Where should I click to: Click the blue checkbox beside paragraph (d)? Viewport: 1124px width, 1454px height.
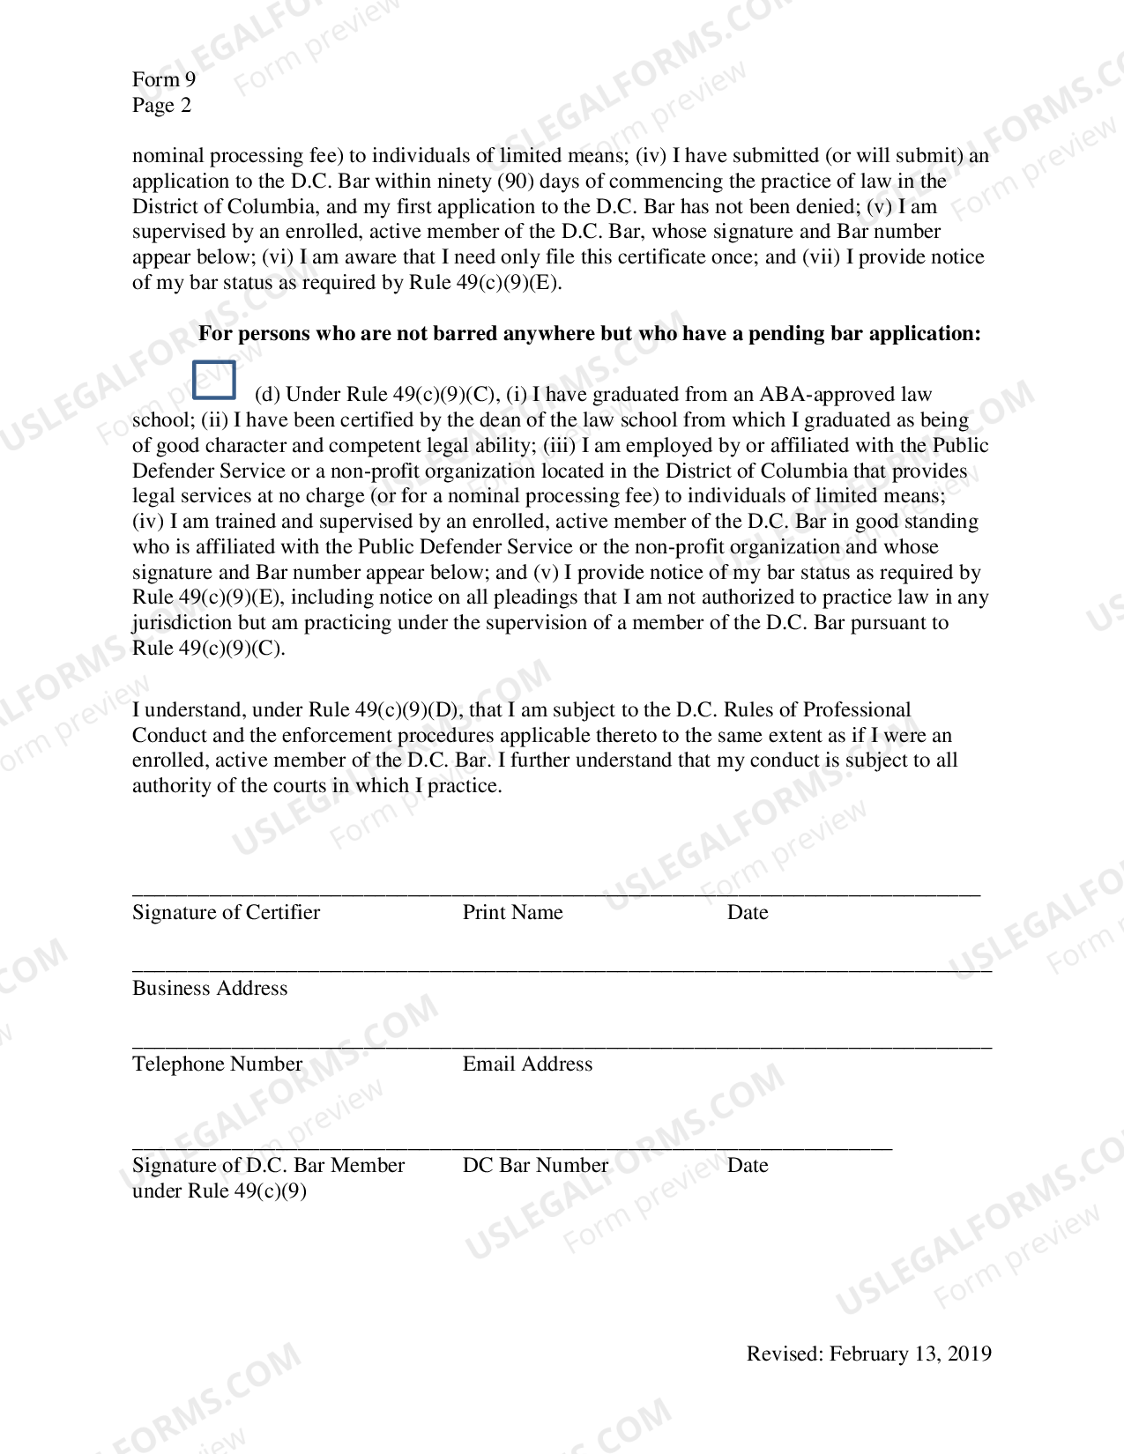[214, 380]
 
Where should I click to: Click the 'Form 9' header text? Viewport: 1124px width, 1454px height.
[164, 79]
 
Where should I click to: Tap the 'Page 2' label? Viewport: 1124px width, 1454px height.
[161, 105]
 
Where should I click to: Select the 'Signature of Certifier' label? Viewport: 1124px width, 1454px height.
[226, 912]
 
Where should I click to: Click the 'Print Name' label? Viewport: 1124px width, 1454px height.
[512, 912]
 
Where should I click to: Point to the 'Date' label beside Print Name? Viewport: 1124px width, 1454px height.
[747, 912]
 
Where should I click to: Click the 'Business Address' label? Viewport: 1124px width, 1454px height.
[210, 988]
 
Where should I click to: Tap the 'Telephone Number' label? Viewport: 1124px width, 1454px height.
[217, 1064]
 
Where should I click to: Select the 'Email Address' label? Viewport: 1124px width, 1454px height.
[527, 1064]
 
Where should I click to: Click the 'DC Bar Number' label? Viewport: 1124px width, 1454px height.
[535, 1165]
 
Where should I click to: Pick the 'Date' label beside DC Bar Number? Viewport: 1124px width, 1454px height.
[747, 1165]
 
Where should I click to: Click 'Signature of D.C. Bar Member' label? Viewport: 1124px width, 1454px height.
[268, 1165]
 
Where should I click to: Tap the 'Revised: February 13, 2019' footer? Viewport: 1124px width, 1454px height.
[868, 1354]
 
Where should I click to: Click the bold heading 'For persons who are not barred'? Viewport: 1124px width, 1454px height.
[589, 333]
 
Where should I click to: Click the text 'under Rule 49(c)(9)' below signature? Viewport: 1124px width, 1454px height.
[220, 1191]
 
